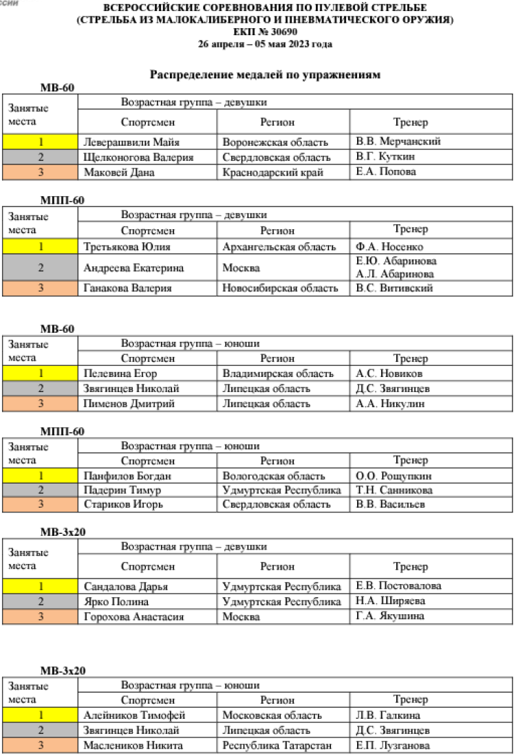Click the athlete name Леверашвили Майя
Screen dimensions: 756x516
coord(131,142)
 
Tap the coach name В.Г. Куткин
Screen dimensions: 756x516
coord(386,157)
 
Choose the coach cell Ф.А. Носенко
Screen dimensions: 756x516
coord(389,246)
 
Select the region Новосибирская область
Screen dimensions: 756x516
coord(280,288)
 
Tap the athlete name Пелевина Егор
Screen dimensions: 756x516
coord(120,374)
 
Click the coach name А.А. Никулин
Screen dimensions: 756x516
coord(389,404)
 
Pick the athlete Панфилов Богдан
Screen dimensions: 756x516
coord(127,475)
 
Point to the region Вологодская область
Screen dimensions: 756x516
coord(274,475)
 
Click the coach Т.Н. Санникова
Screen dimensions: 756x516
coord(394,490)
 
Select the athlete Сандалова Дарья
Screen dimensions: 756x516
coord(126,587)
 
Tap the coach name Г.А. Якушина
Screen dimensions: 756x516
coord(390,616)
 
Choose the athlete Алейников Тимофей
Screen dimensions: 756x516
coord(134,715)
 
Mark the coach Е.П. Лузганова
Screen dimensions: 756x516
coord(393,745)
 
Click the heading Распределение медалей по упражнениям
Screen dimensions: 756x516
coord(265,74)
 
